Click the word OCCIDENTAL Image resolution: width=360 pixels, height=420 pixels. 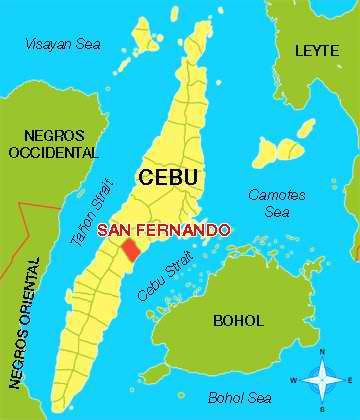(54, 153)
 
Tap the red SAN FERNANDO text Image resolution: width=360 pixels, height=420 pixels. (163, 229)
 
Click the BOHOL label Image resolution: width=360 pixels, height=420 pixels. (238, 321)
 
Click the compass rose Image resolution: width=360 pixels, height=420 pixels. (322, 381)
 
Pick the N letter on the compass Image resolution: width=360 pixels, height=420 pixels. (322, 353)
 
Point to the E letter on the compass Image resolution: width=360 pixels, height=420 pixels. (349, 381)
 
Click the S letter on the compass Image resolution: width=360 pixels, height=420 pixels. (322, 409)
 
